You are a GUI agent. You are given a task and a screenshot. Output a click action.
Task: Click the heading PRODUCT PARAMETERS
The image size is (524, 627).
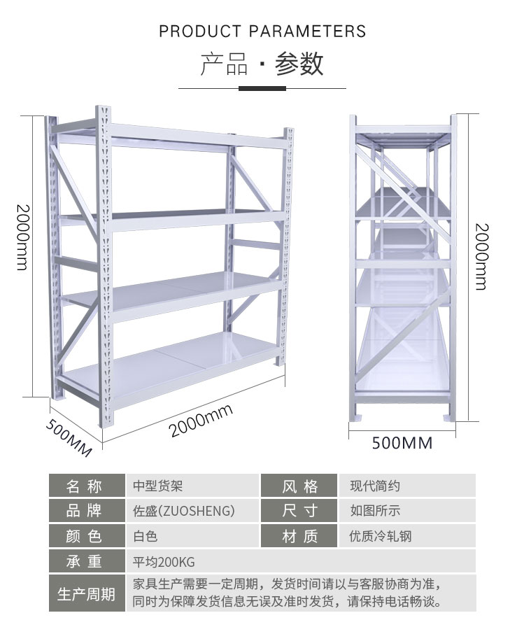[x=262, y=31]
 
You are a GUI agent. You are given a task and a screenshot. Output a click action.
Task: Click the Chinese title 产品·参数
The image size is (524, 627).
[x=262, y=64]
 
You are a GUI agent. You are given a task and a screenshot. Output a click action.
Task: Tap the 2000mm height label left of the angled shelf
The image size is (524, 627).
[x=23, y=237]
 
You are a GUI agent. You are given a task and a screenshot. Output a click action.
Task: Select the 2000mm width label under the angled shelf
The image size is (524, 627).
[x=201, y=421]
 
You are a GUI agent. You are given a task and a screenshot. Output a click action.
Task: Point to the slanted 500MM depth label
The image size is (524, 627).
[x=69, y=438]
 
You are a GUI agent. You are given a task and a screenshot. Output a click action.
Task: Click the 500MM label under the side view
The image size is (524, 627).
[x=402, y=443]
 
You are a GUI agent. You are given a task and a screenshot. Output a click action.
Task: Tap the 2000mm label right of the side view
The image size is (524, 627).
[x=481, y=256]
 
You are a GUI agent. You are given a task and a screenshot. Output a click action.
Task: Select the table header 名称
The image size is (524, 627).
[x=84, y=486]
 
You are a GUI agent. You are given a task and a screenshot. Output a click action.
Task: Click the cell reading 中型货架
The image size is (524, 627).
[x=158, y=486]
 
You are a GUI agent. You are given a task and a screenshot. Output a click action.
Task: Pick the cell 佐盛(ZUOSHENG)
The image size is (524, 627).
[x=184, y=511]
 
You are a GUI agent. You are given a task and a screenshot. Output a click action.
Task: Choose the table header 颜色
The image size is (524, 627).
[x=84, y=536]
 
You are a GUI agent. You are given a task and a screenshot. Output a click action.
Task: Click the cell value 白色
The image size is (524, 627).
[x=146, y=536]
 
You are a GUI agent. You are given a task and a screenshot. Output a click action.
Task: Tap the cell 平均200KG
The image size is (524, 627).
[x=164, y=562]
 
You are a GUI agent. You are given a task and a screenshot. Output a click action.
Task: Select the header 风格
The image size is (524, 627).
[x=299, y=486]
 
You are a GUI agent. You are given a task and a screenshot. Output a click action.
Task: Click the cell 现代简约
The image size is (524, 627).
[x=375, y=486]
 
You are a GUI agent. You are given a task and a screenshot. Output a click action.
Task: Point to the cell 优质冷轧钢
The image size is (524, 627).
[x=381, y=536]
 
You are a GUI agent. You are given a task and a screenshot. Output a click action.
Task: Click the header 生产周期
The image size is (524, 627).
[x=86, y=594]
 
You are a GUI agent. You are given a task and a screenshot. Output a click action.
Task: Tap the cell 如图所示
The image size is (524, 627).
[x=375, y=511]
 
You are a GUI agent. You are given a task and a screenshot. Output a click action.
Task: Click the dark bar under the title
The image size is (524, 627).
[x=262, y=88]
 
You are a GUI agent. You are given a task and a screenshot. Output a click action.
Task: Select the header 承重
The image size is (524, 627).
[x=84, y=562]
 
